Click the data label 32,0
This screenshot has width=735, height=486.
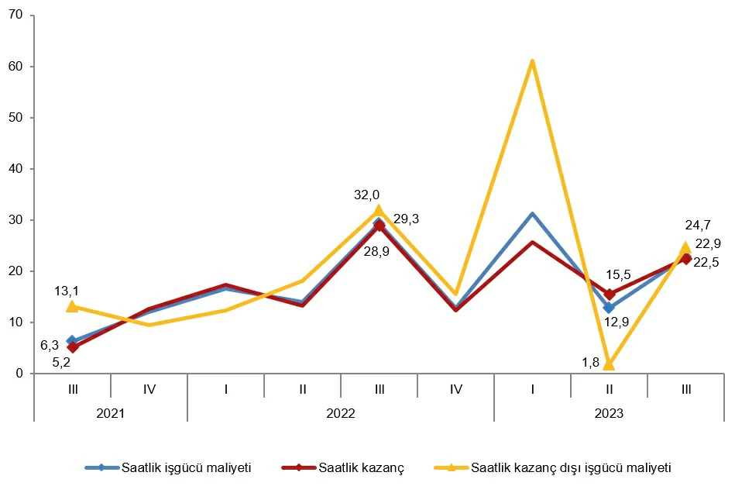click(x=366, y=195)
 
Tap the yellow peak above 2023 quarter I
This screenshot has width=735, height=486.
click(x=533, y=61)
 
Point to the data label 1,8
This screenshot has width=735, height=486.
click(x=591, y=362)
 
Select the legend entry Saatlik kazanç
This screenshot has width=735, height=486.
click(x=343, y=467)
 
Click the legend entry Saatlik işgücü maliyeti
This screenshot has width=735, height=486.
click(x=168, y=467)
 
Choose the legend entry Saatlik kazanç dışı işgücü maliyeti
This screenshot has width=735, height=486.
click(x=553, y=467)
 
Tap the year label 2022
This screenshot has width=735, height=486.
click(x=341, y=413)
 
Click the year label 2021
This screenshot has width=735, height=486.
click(x=110, y=413)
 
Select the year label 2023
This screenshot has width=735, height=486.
click(x=609, y=413)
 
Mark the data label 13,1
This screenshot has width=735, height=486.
click(x=67, y=291)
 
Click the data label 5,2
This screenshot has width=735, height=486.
click(x=62, y=362)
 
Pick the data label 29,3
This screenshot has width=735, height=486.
click(x=406, y=219)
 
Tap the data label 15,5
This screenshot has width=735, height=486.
click(x=618, y=275)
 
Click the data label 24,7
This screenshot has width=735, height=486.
click(x=698, y=226)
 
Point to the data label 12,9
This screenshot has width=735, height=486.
click(x=616, y=322)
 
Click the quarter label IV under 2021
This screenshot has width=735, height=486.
click(x=149, y=389)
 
